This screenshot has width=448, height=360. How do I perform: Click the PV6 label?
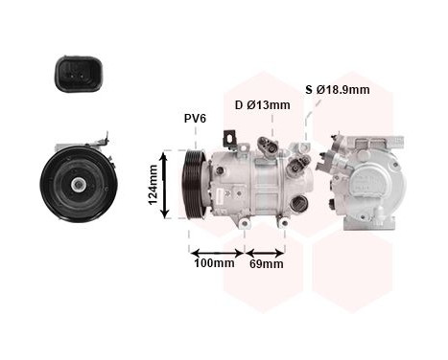click(x=196, y=119)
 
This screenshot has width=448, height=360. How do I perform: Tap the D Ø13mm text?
click(x=262, y=105)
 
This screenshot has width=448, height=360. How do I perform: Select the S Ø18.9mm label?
click(x=337, y=90)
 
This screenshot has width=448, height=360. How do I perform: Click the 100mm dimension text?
click(x=213, y=263)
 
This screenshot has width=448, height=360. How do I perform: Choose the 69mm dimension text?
click(x=266, y=263)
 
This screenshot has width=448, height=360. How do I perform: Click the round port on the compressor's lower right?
click(x=298, y=203)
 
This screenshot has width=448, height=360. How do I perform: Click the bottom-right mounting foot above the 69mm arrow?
click(x=285, y=222)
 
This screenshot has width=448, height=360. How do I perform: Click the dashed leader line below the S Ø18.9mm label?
click(x=309, y=120)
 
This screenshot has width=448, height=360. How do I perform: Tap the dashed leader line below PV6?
click(x=196, y=140)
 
